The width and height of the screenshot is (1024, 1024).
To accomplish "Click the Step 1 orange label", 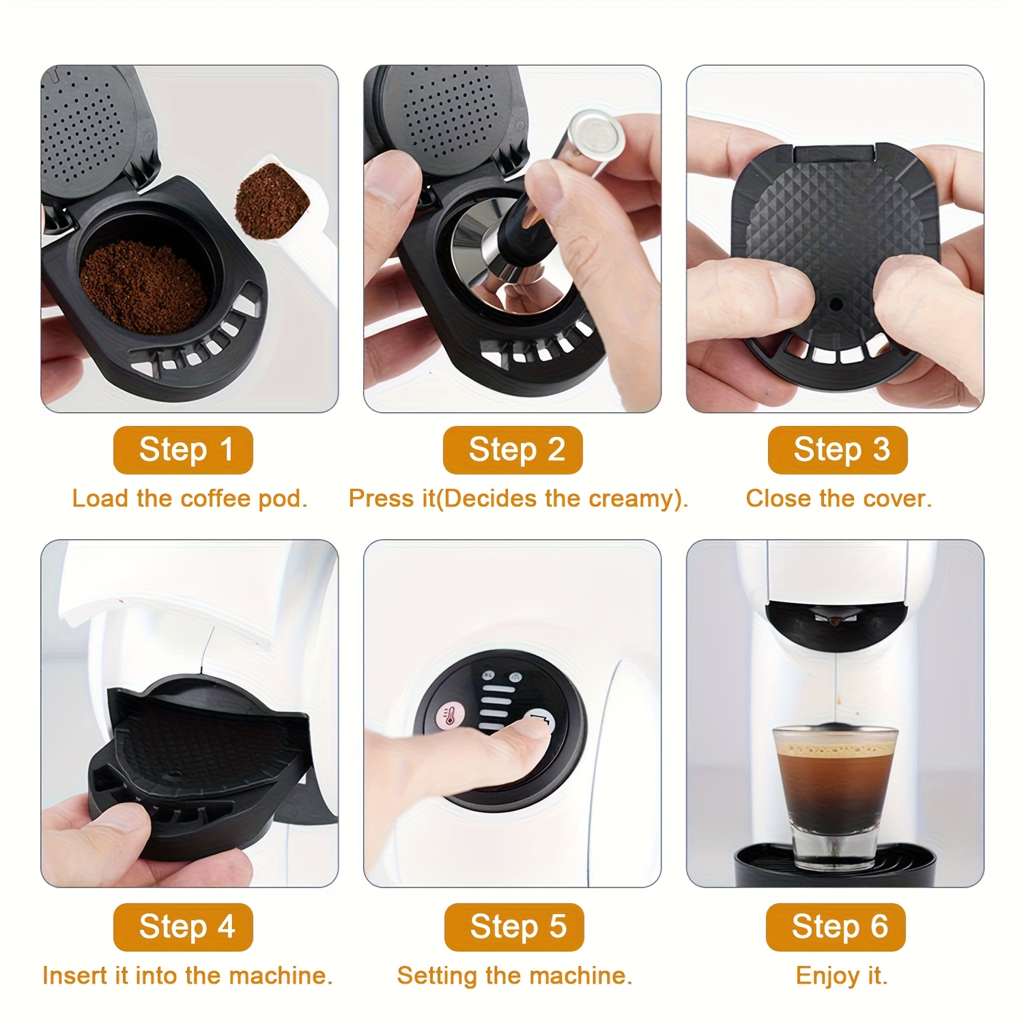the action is pos(183,450).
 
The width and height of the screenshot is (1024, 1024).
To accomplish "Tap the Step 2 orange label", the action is pos(513,450).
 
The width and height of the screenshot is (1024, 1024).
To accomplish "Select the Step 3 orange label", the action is pos(838,450).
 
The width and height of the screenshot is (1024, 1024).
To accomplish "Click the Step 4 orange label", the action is pos(183,927).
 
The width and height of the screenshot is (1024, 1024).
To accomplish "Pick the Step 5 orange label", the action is pos(514,927).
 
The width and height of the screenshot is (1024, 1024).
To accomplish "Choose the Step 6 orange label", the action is pos(836,927).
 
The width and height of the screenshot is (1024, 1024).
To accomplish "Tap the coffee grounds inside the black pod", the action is pos(143,287).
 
